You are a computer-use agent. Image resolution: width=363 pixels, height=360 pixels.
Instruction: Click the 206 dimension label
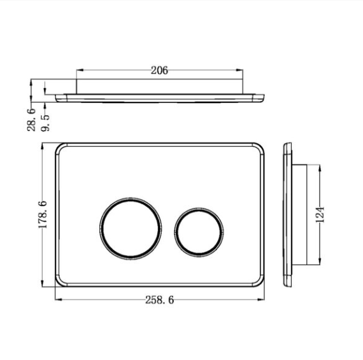159,71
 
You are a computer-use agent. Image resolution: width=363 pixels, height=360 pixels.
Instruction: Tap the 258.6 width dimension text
159,300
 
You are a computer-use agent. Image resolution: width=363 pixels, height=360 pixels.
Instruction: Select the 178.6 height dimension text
43,214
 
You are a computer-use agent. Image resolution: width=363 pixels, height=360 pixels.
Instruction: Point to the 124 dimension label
320,214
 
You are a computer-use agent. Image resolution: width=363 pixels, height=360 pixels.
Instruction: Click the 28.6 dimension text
31,120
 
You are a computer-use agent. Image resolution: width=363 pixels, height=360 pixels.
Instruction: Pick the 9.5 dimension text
45,123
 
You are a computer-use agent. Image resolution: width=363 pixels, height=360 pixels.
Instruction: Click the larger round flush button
131,228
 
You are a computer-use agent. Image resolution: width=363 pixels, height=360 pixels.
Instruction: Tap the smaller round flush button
199,232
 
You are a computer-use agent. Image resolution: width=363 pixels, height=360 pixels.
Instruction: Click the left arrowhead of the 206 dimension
80,70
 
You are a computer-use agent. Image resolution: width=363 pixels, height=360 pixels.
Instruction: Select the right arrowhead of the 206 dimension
239,70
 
